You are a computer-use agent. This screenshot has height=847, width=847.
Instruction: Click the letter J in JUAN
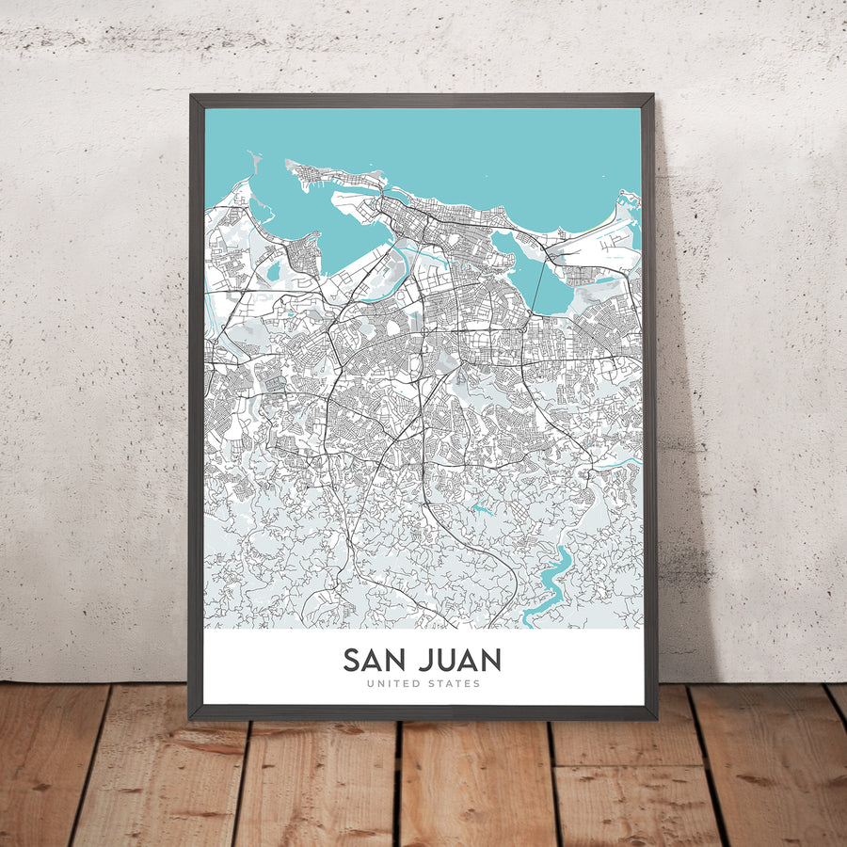pos(424,660)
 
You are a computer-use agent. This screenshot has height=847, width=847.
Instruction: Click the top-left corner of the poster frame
pos(191,95)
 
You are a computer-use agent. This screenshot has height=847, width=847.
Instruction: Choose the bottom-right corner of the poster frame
pos(656,719)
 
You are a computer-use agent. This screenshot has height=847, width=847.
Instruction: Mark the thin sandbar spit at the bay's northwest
pos(254,169)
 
